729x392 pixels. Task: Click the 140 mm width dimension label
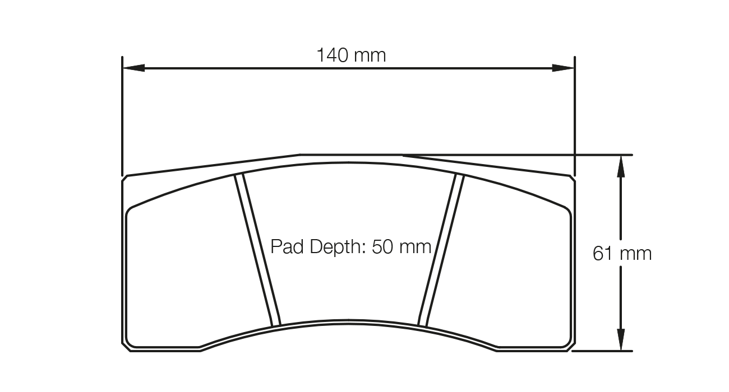351,55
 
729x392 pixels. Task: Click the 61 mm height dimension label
622,254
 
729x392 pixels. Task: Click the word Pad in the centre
285,246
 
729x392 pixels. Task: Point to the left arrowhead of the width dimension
133,68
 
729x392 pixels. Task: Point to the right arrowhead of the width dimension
564,68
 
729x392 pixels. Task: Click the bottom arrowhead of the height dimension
620,340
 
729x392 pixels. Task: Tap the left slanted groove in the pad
258,250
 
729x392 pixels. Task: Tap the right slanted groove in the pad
441,250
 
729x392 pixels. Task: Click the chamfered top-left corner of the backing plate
125,178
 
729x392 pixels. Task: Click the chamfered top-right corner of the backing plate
572,178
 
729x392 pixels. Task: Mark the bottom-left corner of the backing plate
126,347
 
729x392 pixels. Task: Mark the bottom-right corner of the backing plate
572,347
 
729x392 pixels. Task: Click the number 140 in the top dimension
335,55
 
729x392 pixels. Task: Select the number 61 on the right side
602,254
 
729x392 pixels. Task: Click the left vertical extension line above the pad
122,112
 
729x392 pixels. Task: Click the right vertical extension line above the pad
575,112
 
